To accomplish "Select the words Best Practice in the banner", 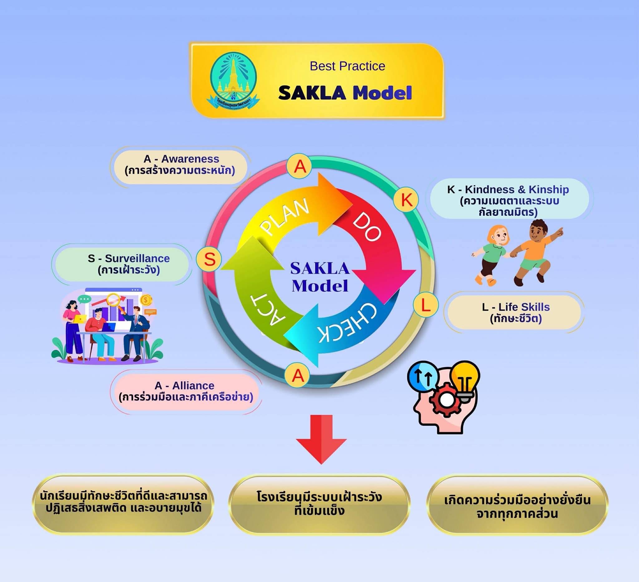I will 347,66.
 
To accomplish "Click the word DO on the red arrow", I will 367,226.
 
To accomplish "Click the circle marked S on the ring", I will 209,259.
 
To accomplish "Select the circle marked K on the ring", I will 406,200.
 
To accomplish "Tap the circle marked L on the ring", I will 426,305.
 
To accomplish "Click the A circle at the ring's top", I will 299,166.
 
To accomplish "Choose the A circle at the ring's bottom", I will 297,375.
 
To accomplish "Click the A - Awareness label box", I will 180,165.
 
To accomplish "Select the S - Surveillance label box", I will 122,264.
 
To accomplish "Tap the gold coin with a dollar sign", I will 145,300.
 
